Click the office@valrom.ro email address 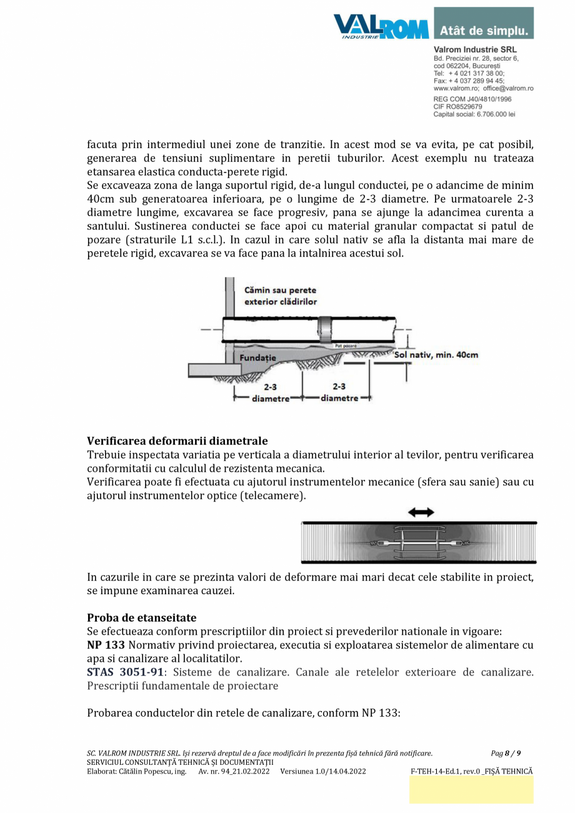click(508, 89)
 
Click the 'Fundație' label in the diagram click(258, 357)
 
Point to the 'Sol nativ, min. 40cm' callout click(437, 355)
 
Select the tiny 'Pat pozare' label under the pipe click(346, 345)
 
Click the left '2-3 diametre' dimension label click(270, 393)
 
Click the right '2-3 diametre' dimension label click(339, 393)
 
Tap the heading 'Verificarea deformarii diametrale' click(177, 442)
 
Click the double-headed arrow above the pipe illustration click(421, 512)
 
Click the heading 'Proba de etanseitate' click(141, 618)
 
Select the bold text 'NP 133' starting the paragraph click(106, 645)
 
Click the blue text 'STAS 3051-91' click(125, 672)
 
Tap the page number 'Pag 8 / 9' click(506, 753)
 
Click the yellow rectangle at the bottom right click(471, 790)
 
